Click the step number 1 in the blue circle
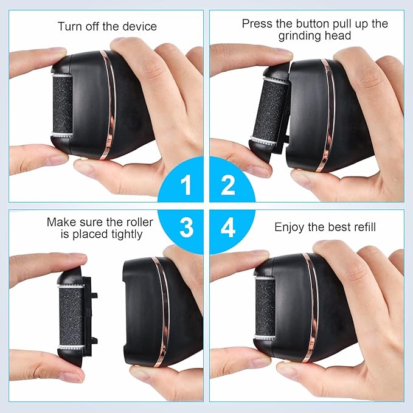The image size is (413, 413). tap(186, 185)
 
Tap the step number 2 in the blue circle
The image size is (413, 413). tap(227, 185)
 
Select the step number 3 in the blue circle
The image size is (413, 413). tap(187, 227)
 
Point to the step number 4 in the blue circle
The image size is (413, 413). tap(228, 227)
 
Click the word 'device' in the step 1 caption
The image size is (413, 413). tap(140, 26)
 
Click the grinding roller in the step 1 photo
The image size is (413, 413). tap(63, 105)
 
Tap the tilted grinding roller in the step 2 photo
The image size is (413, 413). tap(269, 111)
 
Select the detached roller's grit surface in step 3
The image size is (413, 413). tap(71, 316)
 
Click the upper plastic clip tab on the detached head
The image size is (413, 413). tap(94, 295)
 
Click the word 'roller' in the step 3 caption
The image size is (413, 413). tap(140, 222)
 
